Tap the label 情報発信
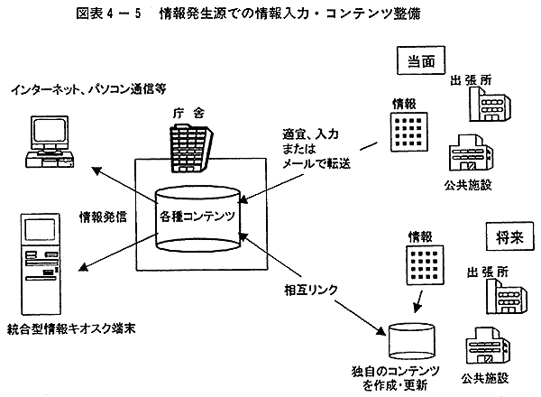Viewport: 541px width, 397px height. (104, 217)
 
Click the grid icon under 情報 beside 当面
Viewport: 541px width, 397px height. (399, 133)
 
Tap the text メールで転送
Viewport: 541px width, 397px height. (313, 163)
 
